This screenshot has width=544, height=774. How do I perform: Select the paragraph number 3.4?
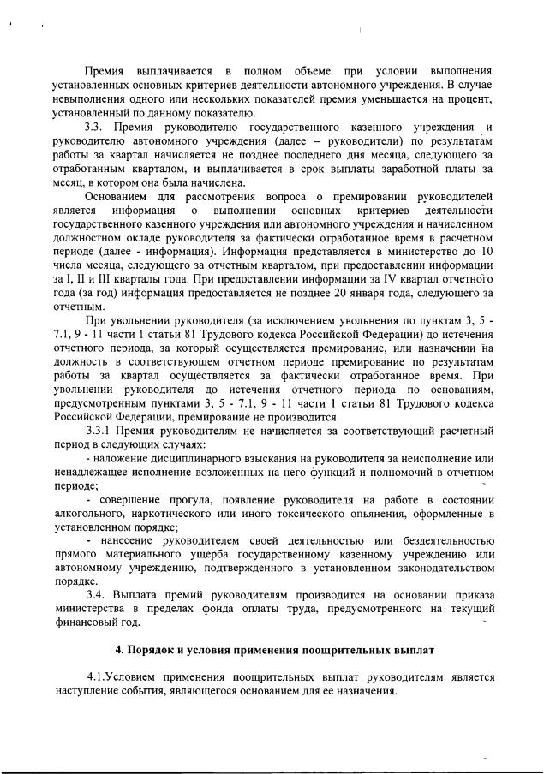pos(98,594)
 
